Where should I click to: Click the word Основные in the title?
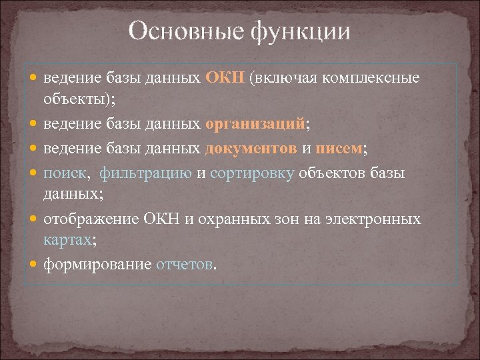click(176, 31)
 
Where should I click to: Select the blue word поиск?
click(65, 173)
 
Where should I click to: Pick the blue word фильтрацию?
click(146, 173)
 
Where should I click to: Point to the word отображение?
click(92, 219)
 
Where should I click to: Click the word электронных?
click(380, 218)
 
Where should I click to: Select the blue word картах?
click(65, 241)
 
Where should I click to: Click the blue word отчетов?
click(184, 265)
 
